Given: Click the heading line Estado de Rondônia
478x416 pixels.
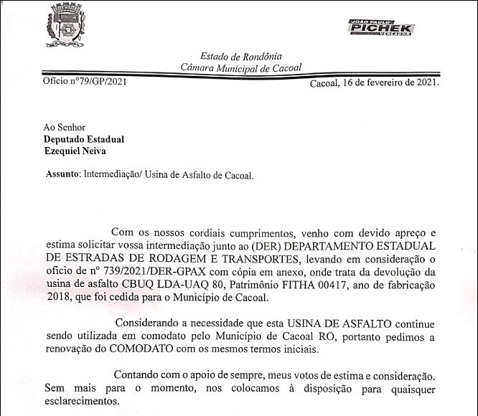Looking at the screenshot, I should click(x=241, y=56).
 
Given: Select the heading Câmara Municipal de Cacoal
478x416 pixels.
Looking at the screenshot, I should click(x=241, y=67).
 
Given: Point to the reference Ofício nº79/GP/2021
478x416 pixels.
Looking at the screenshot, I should click(x=85, y=81).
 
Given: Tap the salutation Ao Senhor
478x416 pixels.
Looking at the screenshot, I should click(x=65, y=127).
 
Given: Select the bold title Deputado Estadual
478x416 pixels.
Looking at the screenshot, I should click(x=83, y=139).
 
